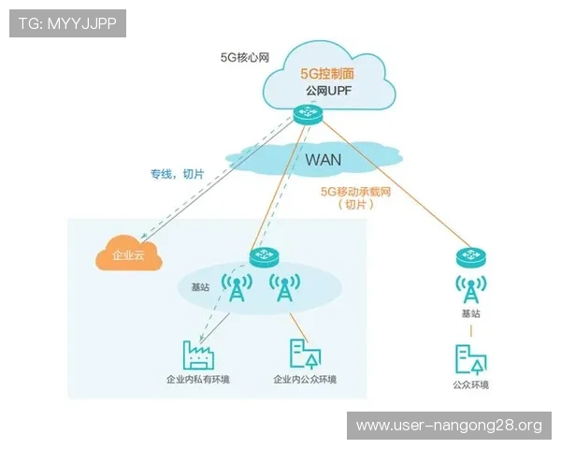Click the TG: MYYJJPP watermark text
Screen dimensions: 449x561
tap(67, 23)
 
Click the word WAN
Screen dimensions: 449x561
tap(323, 159)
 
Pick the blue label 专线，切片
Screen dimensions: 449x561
tap(177, 173)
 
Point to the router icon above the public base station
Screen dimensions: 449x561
tap(470, 254)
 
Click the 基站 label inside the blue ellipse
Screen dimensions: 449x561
tap(200, 288)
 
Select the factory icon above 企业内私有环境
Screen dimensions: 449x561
tap(198, 353)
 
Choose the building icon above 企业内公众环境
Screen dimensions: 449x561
tap(304, 353)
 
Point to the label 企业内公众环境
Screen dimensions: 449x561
tap(305, 380)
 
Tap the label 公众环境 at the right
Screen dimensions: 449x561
tap(470, 385)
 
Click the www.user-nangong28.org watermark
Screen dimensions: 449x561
tap(449, 426)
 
